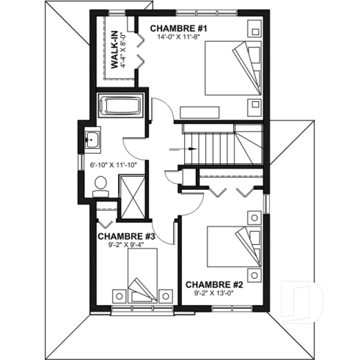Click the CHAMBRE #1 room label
[x=180, y=29]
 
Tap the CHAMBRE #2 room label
[x=213, y=284]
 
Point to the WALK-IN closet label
[x=115, y=49]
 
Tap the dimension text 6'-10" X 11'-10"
[x=114, y=165]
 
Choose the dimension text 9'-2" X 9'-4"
[x=126, y=245]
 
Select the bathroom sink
[x=92, y=138]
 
